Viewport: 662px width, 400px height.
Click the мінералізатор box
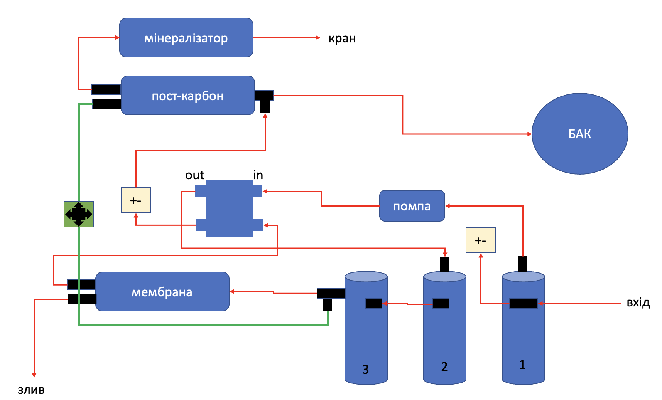click(x=186, y=38)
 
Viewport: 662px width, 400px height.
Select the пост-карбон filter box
click(x=188, y=96)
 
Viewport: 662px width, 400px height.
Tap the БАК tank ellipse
click(x=580, y=134)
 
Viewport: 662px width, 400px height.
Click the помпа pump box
click(x=412, y=206)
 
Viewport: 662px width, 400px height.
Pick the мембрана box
click(x=162, y=292)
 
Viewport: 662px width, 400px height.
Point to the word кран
click(x=342, y=39)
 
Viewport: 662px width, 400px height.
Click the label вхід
click(x=638, y=303)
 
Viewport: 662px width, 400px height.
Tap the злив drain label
click(x=31, y=390)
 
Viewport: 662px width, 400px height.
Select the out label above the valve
click(x=195, y=175)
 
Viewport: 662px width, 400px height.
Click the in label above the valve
click(x=258, y=175)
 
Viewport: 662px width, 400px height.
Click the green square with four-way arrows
click(x=79, y=214)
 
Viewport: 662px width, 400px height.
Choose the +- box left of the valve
click(x=136, y=200)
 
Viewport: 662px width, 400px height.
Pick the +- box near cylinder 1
click(x=481, y=240)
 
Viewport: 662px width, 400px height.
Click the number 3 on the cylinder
click(x=366, y=370)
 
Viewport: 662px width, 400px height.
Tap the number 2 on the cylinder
click(x=444, y=366)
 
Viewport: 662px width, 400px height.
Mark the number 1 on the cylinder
click(x=522, y=364)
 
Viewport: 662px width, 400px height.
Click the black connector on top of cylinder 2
click(x=445, y=264)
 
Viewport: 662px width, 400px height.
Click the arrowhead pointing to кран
click(x=318, y=38)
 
